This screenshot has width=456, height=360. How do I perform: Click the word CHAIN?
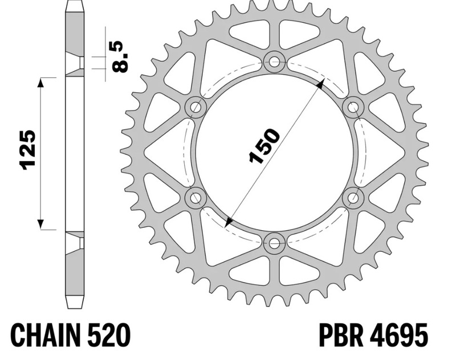pos(46,334)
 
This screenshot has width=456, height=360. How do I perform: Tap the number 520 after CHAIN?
pos(108,334)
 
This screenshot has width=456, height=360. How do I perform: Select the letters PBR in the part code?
pos(341,335)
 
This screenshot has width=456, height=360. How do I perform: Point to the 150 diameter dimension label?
pos(264,146)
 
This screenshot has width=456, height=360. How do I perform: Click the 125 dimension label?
pos(27,150)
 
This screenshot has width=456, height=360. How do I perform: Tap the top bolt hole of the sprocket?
pos(274,62)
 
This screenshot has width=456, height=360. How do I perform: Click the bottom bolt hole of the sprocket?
pos(274,243)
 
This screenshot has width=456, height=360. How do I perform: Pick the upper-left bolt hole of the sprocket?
pos(196,107)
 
